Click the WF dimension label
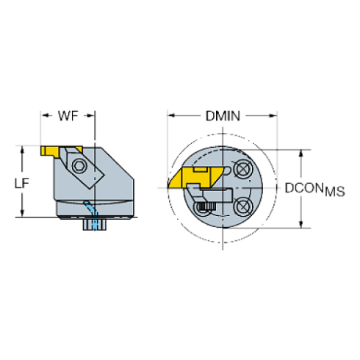pos(66,115)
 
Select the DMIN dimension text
pos(223,115)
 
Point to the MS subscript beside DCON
pos(334,192)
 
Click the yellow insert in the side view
pos(51,151)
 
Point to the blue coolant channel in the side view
pos(89,208)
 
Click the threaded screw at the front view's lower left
pos(204,211)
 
